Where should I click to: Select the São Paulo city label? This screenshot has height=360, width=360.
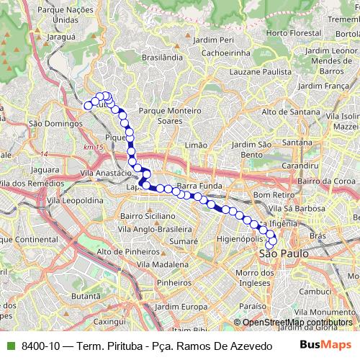[x=283, y=253]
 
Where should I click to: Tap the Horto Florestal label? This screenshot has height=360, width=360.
[x=293, y=33]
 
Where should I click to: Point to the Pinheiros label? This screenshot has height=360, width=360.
[x=173, y=283]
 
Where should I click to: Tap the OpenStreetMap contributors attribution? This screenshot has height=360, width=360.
[x=297, y=322]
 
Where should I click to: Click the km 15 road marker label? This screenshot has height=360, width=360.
[x=94, y=147]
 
